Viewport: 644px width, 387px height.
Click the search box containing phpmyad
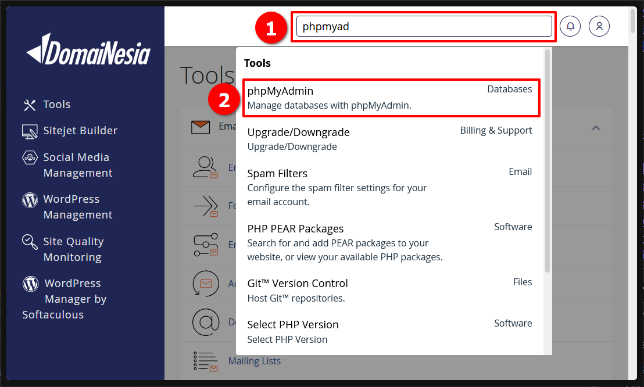(424, 26)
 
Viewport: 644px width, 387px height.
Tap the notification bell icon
(570, 26)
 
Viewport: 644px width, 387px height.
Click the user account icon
(599, 26)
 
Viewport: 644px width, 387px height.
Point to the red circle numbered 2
(223, 100)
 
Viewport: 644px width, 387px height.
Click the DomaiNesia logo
(88, 50)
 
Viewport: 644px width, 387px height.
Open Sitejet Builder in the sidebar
(80, 131)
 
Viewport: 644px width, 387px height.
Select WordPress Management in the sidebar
(77, 207)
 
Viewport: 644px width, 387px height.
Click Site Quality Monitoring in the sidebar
(73, 249)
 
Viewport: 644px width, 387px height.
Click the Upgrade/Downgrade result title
(298, 132)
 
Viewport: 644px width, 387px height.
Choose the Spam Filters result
(277, 174)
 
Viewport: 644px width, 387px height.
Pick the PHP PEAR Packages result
(295, 229)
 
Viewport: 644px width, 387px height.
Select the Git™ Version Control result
(297, 284)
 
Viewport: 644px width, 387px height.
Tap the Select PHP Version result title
(292, 325)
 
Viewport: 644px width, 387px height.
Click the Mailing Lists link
(254, 361)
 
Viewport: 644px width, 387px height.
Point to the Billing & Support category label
(496, 131)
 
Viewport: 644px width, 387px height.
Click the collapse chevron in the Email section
(596, 128)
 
